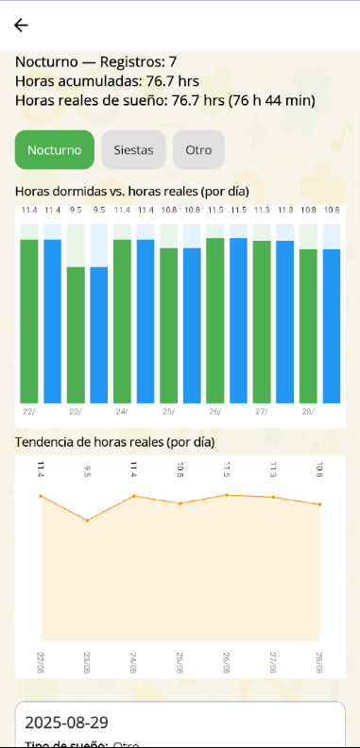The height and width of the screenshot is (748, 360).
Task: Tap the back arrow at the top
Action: (21, 25)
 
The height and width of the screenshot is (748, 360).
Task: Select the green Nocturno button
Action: (55, 149)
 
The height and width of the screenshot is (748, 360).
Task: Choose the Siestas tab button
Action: (133, 149)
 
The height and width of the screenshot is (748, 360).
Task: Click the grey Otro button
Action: (198, 149)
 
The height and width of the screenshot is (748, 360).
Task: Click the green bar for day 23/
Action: (76, 335)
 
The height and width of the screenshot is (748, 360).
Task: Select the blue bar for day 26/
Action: (238, 321)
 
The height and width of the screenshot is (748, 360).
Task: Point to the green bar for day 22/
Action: (29, 321)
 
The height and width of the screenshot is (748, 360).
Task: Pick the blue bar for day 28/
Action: (331, 326)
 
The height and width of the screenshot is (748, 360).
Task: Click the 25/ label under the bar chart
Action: (168, 412)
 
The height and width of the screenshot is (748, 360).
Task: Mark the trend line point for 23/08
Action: (87, 520)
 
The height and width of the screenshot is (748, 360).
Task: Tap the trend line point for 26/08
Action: (227, 494)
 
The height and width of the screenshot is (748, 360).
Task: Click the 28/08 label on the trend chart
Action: (319, 660)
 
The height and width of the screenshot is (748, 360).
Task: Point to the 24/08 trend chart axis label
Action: (133, 660)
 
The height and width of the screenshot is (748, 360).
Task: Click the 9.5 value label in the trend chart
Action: (87, 468)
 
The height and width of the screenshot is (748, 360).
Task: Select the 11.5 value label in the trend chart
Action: (227, 468)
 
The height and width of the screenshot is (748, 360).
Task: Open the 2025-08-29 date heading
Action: (62, 722)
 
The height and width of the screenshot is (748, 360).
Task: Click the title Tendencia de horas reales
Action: (114, 441)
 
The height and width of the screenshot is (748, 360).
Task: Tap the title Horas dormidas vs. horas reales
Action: (131, 191)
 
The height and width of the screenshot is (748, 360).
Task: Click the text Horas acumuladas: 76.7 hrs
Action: (107, 80)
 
